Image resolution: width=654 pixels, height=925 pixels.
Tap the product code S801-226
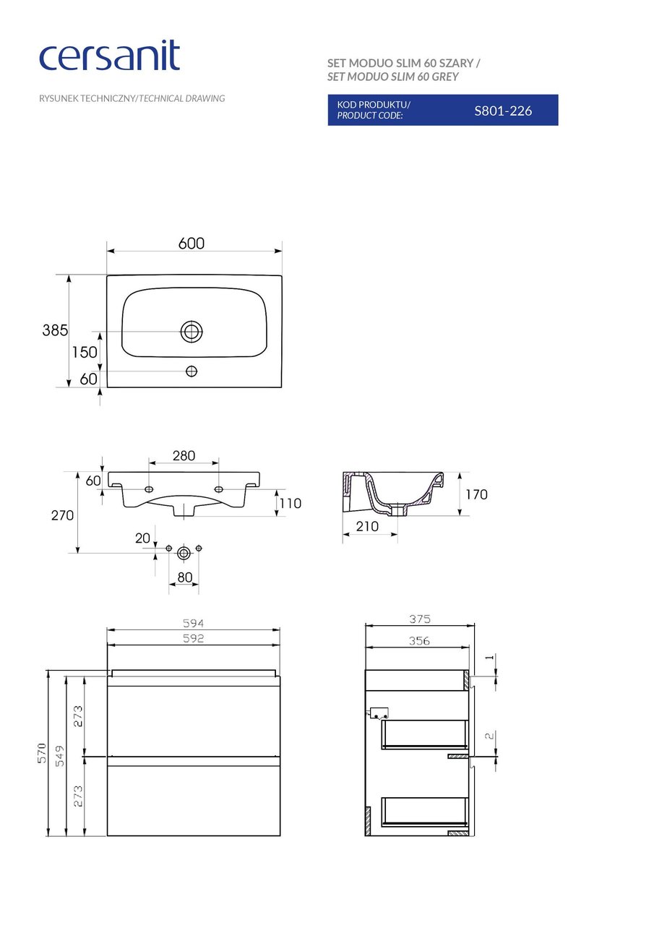503,111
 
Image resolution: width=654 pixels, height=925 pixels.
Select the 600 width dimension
192,244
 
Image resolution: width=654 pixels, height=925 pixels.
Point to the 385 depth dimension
55,330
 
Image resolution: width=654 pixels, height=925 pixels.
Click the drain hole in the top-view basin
192,331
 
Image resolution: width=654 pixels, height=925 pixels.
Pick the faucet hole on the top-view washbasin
192,371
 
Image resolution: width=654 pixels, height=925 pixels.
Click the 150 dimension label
85,352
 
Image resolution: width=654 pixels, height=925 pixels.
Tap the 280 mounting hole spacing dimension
184,455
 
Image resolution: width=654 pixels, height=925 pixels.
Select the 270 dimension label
62,515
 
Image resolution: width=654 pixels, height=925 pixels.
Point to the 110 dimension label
291,504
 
